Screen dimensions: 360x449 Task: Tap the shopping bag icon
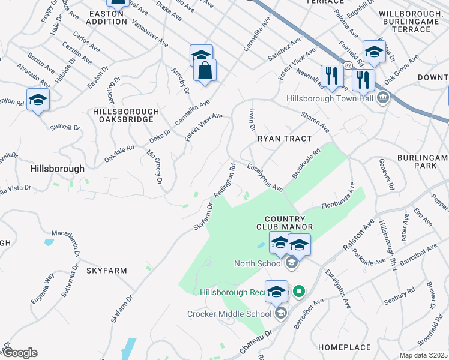pyautogui.click(x=205, y=70)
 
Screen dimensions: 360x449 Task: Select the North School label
pyautogui.click(x=258, y=263)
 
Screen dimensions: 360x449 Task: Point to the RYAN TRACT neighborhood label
pyautogui.click(x=285, y=139)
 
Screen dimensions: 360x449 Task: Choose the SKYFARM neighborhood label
pyautogui.click(x=106, y=271)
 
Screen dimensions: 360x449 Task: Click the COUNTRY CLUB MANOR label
pyautogui.click(x=285, y=223)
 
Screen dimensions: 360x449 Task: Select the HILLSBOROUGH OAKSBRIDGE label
pyautogui.click(x=126, y=116)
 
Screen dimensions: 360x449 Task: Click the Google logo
pyautogui.click(x=19, y=352)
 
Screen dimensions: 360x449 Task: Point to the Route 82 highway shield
pyautogui.click(x=348, y=64)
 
